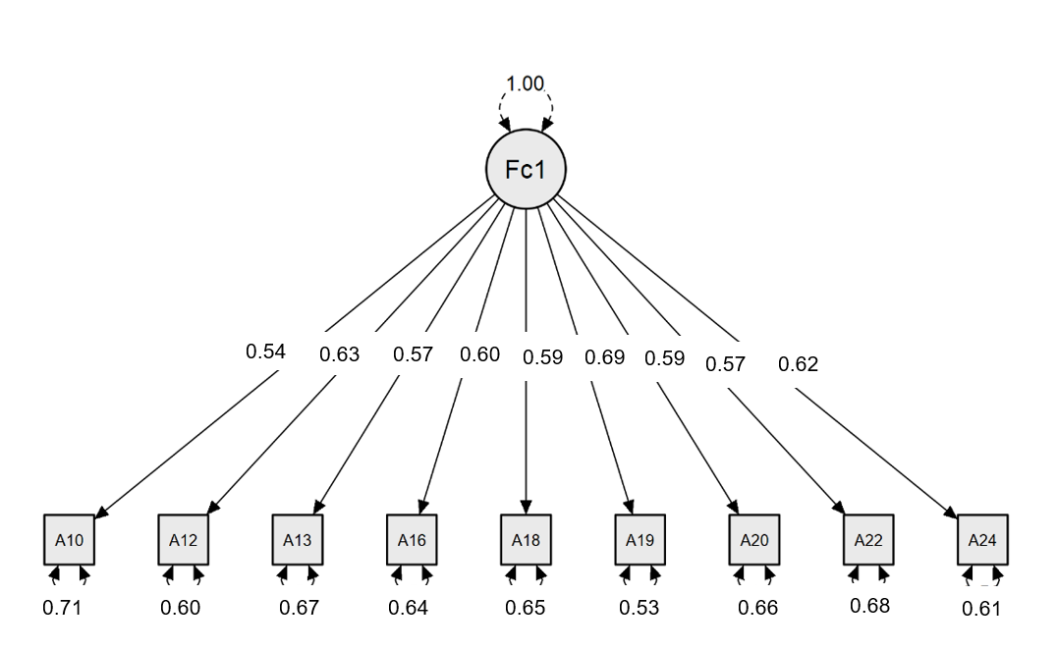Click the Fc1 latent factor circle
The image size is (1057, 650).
click(526, 170)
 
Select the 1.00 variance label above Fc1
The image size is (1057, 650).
click(526, 83)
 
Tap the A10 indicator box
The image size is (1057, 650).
click(69, 539)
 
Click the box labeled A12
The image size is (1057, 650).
click(183, 539)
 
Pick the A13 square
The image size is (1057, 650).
click(297, 539)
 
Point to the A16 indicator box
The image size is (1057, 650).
click(412, 539)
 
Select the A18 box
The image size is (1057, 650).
click(526, 539)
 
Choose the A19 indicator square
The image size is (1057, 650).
click(640, 539)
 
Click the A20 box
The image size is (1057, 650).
click(753, 539)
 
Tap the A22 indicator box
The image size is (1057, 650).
click(868, 539)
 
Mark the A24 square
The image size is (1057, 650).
click(982, 539)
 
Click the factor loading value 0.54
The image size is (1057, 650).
click(265, 351)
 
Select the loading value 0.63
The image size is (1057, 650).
click(340, 354)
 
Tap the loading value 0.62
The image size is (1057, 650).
click(798, 364)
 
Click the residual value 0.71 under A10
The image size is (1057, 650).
click(62, 608)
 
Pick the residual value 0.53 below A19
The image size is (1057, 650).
click(639, 608)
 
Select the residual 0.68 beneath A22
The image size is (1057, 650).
click(869, 605)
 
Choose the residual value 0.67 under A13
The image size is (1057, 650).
click(299, 608)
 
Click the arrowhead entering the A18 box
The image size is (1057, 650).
click(526, 508)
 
